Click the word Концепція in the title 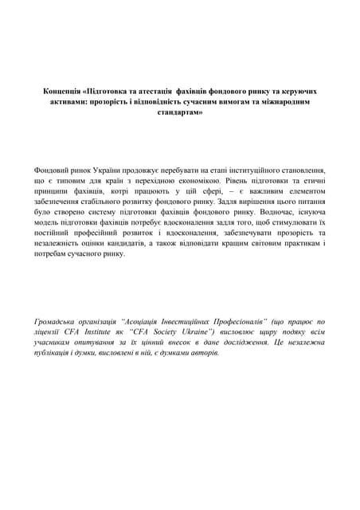60,92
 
